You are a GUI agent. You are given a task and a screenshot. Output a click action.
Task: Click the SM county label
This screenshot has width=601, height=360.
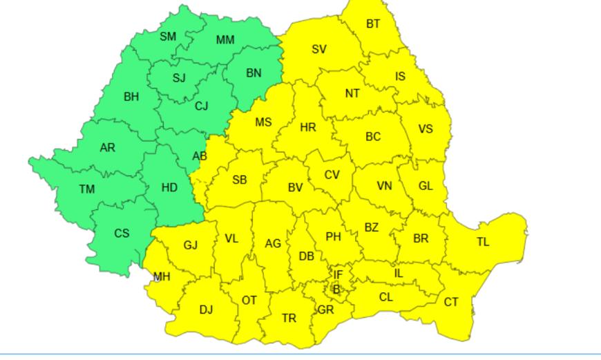pyautogui.click(x=168, y=37)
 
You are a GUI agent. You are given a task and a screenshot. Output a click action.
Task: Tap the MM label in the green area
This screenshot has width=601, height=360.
pyautogui.click(x=225, y=40)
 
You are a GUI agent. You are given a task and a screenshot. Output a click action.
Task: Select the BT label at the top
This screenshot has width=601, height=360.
pyautogui.click(x=373, y=24)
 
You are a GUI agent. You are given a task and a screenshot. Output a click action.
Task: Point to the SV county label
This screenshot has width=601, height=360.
pyautogui.click(x=318, y=49)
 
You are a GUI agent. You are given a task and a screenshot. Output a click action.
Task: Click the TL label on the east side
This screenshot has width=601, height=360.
pyautogui.click(x=483, y=242)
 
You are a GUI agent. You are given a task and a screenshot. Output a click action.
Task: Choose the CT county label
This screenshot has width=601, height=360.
pyautogui.click(x=451, y=302)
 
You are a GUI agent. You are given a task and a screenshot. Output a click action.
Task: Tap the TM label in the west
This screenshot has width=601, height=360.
pyautogui.click(x=86, y=189)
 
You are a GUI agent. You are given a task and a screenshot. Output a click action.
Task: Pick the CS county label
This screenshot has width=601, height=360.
pyautogui.click(x=122, y=234)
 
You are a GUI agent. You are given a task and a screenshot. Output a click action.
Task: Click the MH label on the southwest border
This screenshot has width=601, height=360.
pyautogui.click(x=162, y=277)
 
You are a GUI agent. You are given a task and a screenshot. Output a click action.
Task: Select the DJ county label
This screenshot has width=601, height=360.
pyautogui.click(x=206, y=310)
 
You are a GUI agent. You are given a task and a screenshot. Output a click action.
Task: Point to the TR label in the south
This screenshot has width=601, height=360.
pyautogui.click(x=289, y=319)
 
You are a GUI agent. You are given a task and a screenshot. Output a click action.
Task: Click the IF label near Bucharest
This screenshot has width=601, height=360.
pyautogui.click(x=338, y=274)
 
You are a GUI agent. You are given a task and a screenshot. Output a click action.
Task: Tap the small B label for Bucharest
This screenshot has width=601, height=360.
pyautogui.click(x=336, y=290)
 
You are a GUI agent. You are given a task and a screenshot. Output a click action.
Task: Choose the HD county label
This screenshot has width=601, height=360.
pyautogui.click(x=169, y=187)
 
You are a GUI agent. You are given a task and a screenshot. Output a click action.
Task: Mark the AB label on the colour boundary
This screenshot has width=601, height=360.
pyautogui.click(x=200, y=156)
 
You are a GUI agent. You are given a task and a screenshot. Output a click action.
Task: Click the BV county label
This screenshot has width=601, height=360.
pyautogui.click(x=296, y=187)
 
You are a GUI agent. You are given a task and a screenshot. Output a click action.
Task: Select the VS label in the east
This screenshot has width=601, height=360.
pyautogui.click(x=426, y=129)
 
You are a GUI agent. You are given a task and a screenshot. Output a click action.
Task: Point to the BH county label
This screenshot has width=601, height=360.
pyautogui.click(x=131, y=97)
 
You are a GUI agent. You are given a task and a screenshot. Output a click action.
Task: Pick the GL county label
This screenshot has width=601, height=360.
pyautogui.click(x=426, y=186)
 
